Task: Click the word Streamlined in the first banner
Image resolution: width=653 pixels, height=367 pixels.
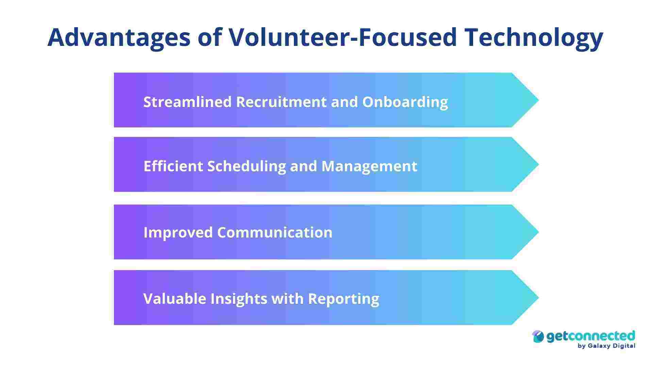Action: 187,102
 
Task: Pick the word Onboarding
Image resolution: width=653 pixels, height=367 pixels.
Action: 405,102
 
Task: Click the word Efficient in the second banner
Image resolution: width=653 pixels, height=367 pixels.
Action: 173,166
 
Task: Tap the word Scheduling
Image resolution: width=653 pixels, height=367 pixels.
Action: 247,166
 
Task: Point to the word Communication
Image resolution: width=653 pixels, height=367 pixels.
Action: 275,232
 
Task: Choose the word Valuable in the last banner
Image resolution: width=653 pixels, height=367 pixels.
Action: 175,299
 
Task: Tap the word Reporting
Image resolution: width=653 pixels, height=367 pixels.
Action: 344,299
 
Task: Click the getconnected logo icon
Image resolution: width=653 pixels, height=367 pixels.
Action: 538,337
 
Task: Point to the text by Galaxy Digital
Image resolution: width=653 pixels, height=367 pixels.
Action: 606,346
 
